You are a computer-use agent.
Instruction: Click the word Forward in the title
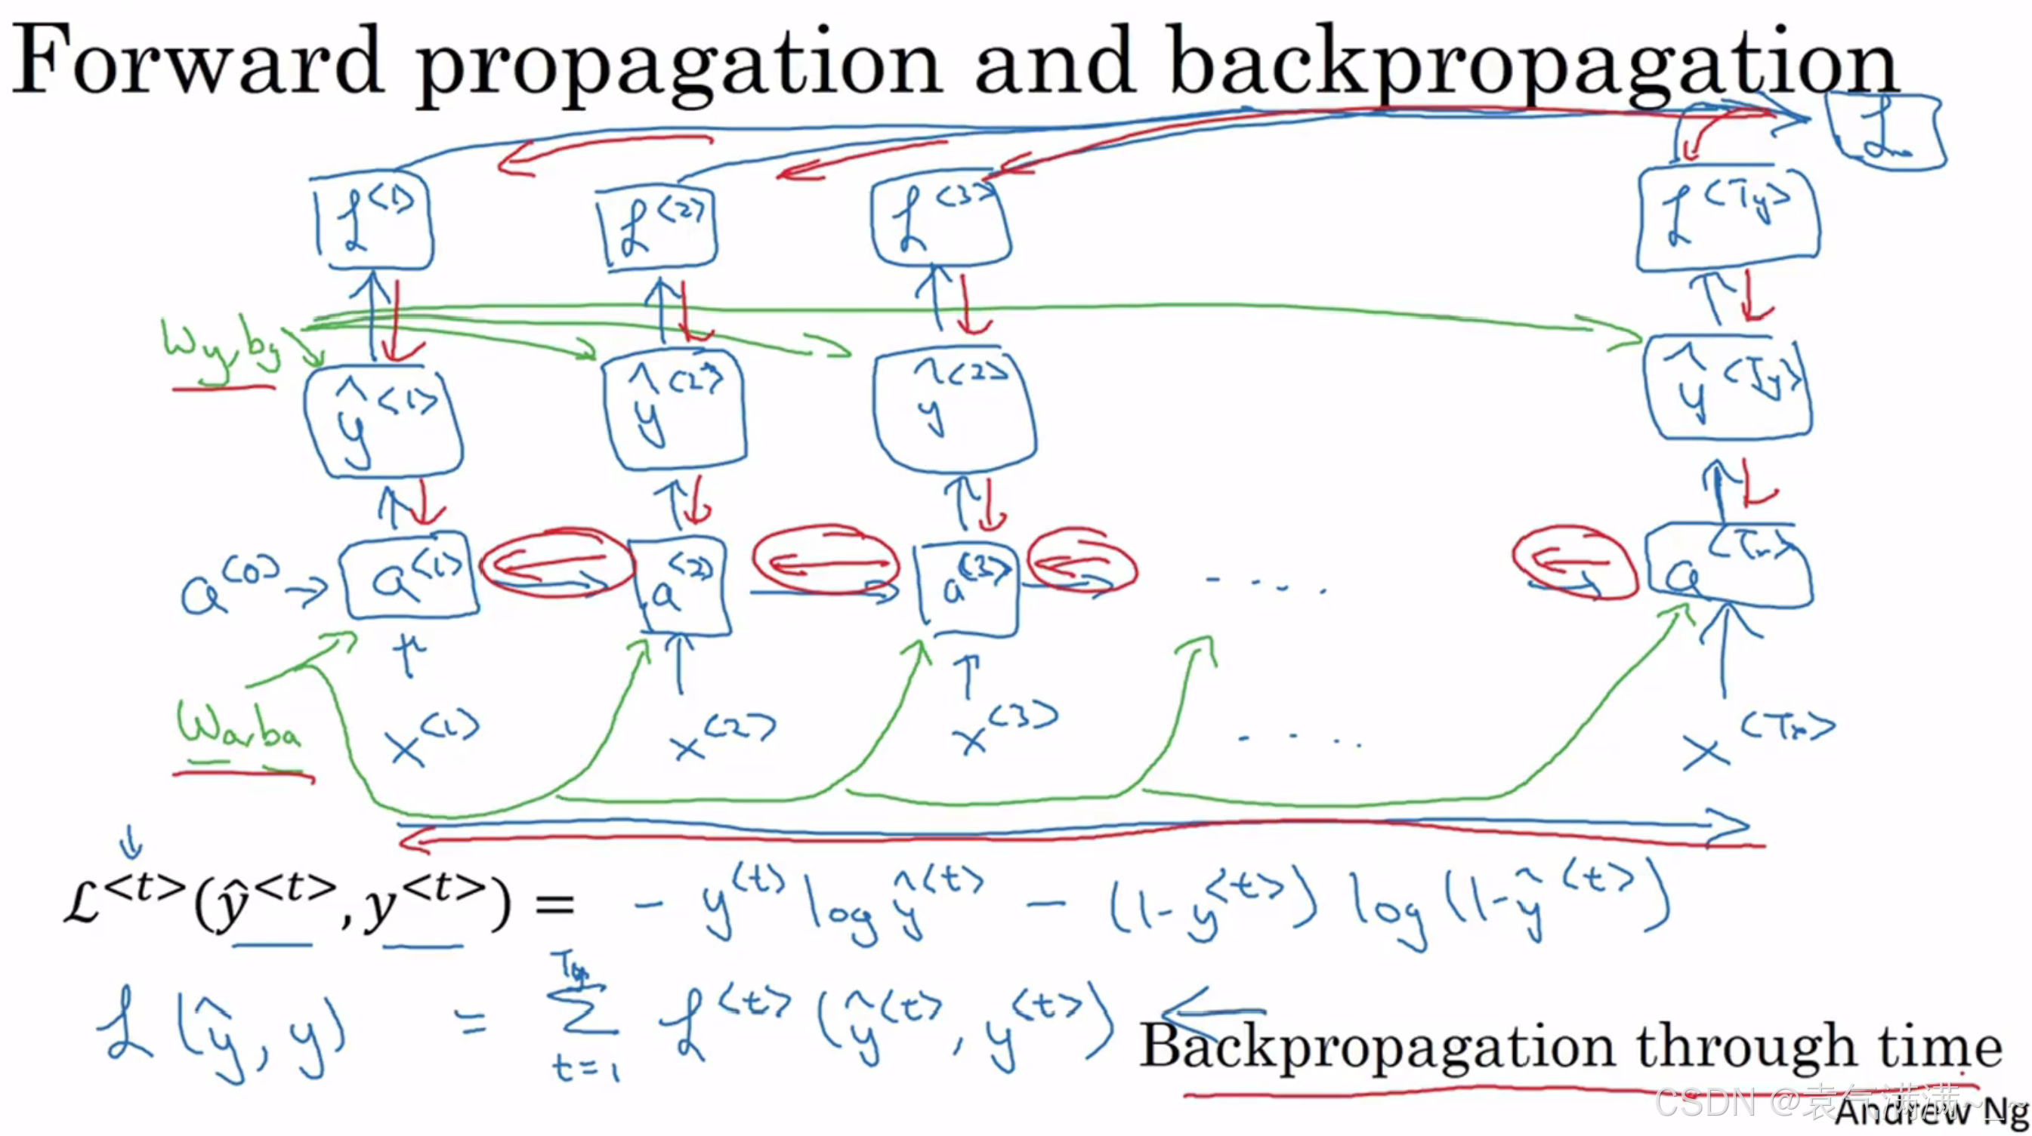click(197, 60)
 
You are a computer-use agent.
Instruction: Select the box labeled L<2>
click(658, 229)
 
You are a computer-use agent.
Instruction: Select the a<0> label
click(229, 587)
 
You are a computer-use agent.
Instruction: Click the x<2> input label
click(721, 737)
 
